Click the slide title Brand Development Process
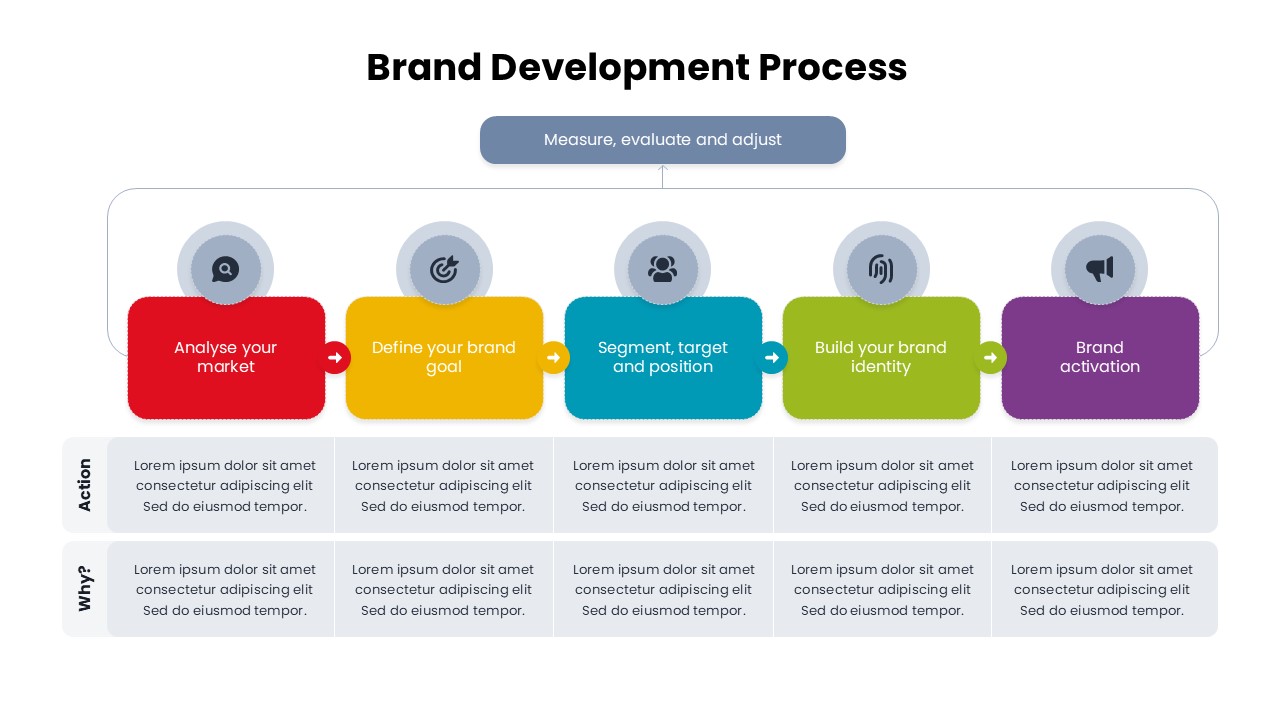pos(637,68)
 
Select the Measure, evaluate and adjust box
pos(662,140)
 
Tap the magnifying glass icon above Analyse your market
pos(226,269)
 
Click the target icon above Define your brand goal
pos(444,269)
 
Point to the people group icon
pos(662,269)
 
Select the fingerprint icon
pos(881,269)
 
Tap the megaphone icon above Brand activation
pos(1099,269)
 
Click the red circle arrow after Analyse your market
pos(335,357)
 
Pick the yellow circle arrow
pos(553,357)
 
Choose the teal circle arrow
pos(772,357)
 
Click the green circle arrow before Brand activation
pos(990,357)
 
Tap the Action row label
pos(85,485)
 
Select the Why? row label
pos(85,589)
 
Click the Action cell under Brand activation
pos(1102,486)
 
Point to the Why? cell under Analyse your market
pos(225,590)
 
